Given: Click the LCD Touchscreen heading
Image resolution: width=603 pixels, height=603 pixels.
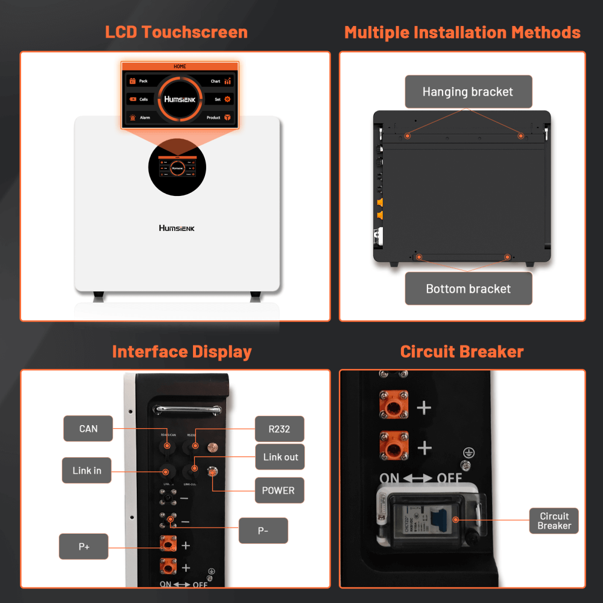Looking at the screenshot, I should [x=176, y=32].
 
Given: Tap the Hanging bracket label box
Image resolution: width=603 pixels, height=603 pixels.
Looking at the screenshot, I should [x=468, y=92].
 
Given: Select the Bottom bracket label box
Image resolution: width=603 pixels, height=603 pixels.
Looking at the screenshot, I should [x=468, y=289].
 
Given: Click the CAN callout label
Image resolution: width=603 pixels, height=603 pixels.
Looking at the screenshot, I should [x=88, y=429].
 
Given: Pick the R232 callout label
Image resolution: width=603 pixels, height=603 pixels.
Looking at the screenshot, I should [x=280, y=429].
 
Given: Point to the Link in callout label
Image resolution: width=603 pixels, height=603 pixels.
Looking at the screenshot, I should [x=87, y=470].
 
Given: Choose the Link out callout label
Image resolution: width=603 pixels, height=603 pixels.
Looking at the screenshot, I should [x=280, y=457].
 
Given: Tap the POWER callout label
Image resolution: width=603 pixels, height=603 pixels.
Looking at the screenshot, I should [x=278, y=490].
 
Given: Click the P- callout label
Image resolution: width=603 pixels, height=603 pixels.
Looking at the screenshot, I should [x=264, y=531].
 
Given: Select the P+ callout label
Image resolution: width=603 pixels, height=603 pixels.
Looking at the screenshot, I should [x=83, y=546].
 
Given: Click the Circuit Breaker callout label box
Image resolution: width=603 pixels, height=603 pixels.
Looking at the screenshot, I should [x=554, y=520].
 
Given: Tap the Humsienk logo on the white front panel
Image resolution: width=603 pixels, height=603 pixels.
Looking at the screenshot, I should [x=177, y=228].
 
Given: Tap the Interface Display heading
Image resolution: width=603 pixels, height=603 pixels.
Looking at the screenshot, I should [x=182, y=352].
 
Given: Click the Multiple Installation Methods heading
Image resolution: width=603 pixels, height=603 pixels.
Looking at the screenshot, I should [x=462, y=32].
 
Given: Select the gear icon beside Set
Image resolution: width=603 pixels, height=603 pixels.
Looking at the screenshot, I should [x=227, y=99].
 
